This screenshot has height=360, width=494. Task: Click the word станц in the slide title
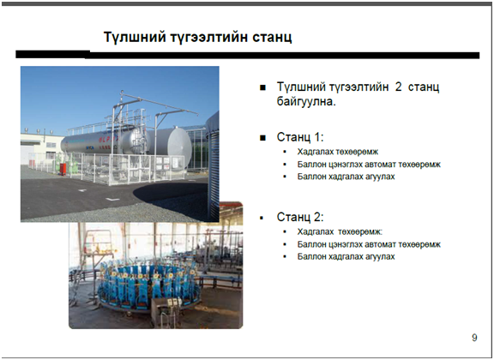(x=272, y=37)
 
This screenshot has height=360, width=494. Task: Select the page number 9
(x=474, y=338)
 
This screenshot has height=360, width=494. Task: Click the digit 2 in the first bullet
(x=398, y=87)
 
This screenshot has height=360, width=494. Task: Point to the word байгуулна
(x=306, y=101)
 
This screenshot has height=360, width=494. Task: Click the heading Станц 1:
(x=300, y=137)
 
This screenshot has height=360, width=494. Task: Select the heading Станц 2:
(x=300, y=217)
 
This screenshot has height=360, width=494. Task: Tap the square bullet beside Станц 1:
(x=262, y=138)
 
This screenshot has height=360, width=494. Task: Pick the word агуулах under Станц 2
(x=380, y=256)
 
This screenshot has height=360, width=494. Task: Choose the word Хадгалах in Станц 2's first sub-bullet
(x=316, y=231)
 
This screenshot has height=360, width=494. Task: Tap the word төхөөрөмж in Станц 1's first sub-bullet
(x=358, y=152)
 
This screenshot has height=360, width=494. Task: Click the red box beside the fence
(x=63, y=169)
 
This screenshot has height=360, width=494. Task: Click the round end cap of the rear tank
(x=179, y=146)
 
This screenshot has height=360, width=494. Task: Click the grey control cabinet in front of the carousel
(x=166, y=311)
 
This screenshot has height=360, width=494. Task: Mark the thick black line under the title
(x=248, y=55)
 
